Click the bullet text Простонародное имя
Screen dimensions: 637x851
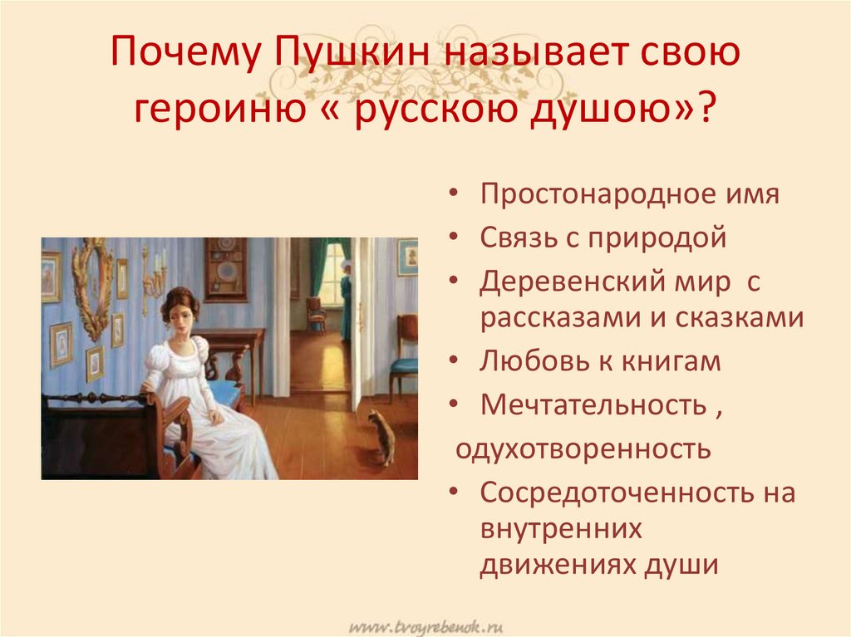[x=629, y=196]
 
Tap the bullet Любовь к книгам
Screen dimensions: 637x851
[x=599, y=361]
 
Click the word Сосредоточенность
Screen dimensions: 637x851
[x=614, y=492]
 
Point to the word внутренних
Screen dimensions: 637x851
[x=561, y=528]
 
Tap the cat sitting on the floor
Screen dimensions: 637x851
[x=381, y=437]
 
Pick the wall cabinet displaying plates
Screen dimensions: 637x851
[x=225, y=267]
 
